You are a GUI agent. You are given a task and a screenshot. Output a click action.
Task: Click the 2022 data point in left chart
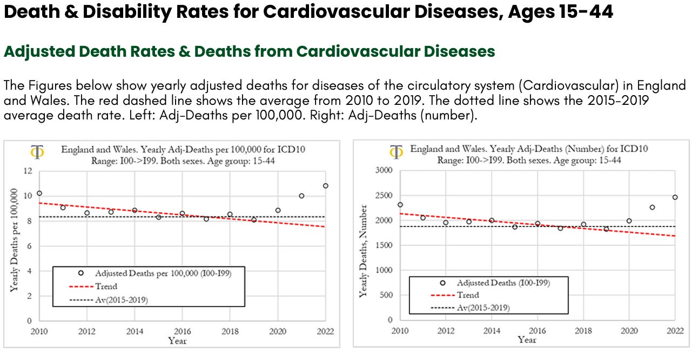(x=325, y=186)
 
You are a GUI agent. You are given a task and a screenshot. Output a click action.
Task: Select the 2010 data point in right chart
(x=400, y=205)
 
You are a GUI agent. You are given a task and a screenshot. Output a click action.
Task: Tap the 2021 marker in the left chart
(x=301, y=196)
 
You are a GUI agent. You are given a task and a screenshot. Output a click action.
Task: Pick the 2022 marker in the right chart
(x=675, y=197)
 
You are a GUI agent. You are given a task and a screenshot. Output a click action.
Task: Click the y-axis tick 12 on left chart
(x=28, y=171)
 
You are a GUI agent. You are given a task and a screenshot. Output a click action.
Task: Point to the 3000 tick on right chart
(x=385, y=171)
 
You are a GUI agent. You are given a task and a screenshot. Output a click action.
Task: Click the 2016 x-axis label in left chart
(x=182, y=331)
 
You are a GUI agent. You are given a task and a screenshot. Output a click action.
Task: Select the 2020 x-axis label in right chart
(x=629, y=330)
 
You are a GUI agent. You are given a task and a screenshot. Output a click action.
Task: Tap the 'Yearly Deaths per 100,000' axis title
(x=14, y=241)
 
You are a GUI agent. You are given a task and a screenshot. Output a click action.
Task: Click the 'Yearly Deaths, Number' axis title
(x=364, y=250)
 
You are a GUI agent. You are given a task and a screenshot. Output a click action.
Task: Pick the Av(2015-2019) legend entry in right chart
(x=483, y=308)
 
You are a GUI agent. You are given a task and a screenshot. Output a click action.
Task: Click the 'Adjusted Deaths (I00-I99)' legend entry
(x=503, y=283)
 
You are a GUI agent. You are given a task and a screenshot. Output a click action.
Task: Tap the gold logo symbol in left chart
(x=38, y=152)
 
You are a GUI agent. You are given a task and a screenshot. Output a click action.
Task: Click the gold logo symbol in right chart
(x=396, y=151)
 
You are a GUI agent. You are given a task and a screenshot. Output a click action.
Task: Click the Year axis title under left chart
(x=177, y=341)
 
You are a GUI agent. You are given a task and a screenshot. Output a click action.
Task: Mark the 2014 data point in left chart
(x=135, y=210)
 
